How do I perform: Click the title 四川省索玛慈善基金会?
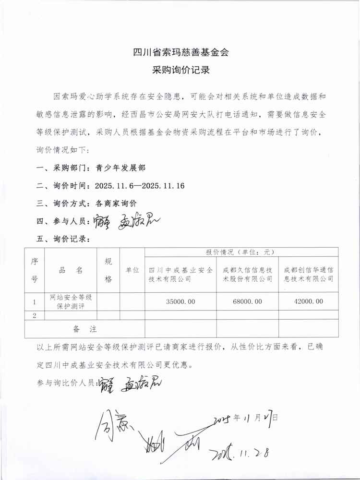click(x=180, y=52)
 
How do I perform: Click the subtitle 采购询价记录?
click(x=180, y=71)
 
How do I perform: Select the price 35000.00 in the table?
click(x=180, y=301)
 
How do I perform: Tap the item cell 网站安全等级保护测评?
click(x=71, y=301)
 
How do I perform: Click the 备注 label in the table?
click(x=84, y=329)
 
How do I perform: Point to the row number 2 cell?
click(x=35, y=315)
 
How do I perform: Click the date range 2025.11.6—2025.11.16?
click(x=140, y=186)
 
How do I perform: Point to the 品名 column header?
click(x=71, y=270)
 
